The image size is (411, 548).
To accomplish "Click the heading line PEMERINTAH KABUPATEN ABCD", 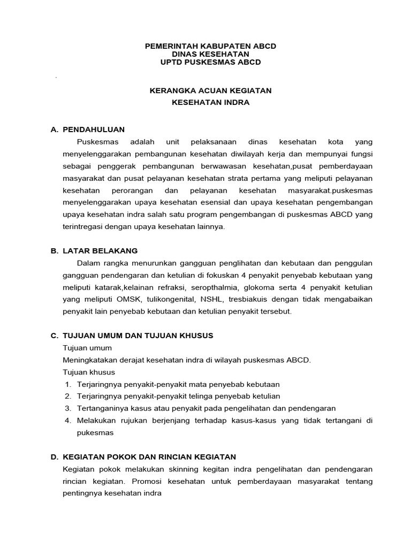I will point(211,46).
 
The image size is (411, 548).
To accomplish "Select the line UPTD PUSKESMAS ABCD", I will point(211,62).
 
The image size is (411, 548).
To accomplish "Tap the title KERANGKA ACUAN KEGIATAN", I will point(210,91).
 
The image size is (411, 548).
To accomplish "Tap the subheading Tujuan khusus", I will point(89,372).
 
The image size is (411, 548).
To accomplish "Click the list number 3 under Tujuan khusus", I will point(68,408).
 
